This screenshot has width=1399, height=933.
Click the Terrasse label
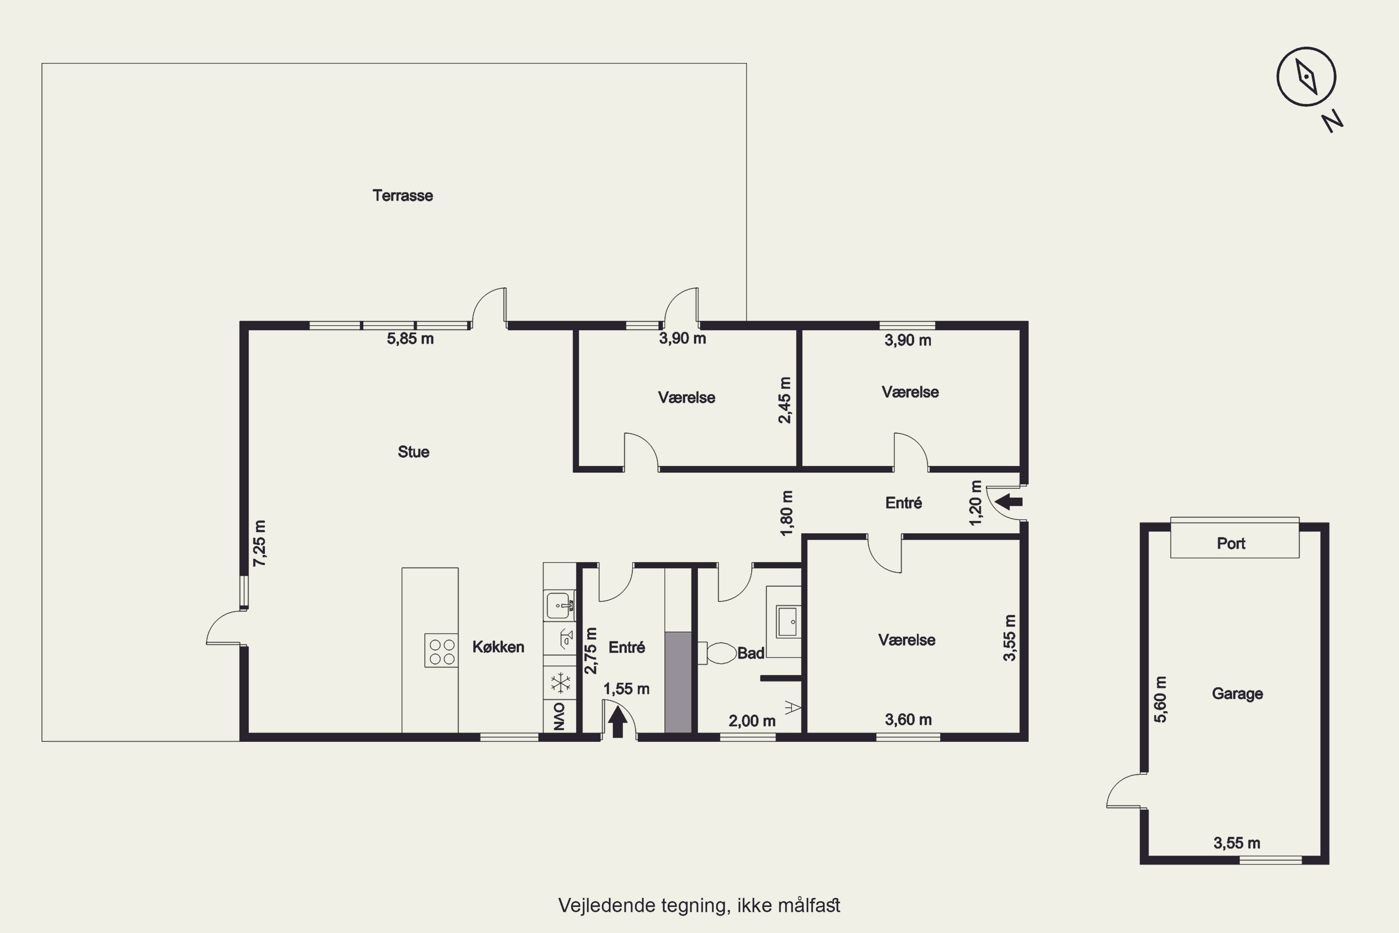tap(403, 195)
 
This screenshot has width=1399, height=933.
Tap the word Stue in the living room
tap(413, 452)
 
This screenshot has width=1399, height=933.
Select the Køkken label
tap(499, 647)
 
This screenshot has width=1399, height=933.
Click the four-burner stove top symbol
tap(441, 650)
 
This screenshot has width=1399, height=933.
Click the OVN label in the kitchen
tap(559, 717)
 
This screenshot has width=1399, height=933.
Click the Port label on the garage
tap(1231, 543)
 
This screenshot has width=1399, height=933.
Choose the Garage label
tap(1237, 694)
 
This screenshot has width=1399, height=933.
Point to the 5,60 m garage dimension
tap(1161, 699)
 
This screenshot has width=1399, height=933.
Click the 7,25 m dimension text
tap(260, 543)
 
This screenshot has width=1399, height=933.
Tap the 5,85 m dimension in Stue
tap(410, 339)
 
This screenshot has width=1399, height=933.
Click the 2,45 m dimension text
tap(785, 400)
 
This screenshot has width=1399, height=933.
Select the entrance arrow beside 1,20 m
tap(1008, 501)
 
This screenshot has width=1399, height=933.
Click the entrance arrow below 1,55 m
tap(617, 722)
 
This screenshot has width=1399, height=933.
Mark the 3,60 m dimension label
tap(908, 719)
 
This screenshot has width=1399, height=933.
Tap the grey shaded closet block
tap(678, 682)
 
